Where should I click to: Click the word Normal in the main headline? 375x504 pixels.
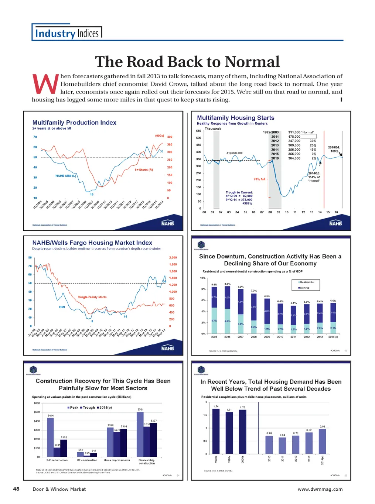click(x=252, y=62)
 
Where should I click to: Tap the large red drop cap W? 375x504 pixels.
click(x=45, y=84)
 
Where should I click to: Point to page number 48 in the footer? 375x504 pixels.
click(x=16, y=489)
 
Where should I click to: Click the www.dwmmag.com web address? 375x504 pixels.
click(x=320, y=489)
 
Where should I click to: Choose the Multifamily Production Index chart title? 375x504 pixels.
click(x=74, y=123)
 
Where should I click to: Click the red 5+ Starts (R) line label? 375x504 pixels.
click(x=144, y=170)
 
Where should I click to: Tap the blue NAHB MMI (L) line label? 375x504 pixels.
click(x=66, y=176)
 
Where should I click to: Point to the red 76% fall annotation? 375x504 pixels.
click(x=259, y=179)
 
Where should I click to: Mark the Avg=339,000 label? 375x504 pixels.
click(x=235, y=153)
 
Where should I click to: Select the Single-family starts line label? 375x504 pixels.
click(x=92, y=297)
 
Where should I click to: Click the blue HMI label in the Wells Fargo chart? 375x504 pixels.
click(x=62, y=307)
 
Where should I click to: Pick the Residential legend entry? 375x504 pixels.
click(x=307, y=282)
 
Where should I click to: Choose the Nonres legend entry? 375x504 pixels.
click(x=304, y=288)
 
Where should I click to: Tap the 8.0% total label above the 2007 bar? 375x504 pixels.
click(x=241, y=287)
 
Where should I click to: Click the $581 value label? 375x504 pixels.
click(x=140, y=409)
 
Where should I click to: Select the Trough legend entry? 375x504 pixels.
click(x=88, y=408)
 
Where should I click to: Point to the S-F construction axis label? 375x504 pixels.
click(x=57, y=460)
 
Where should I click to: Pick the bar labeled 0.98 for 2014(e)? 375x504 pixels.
click(x=322, y=441)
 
